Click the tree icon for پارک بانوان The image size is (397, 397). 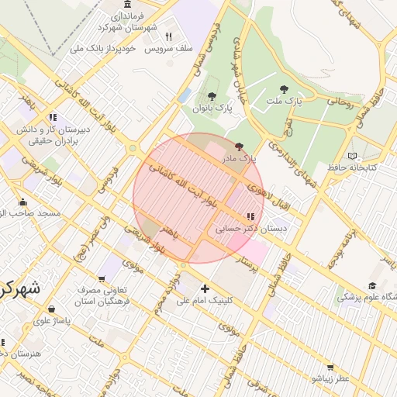click(212, 96)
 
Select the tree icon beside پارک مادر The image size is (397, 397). click(238, 147)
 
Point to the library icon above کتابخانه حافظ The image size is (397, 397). click(354, 155)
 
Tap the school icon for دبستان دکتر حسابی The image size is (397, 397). click(250, 217)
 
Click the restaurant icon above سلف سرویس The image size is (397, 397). click(168, 36)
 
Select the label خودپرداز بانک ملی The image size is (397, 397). click(103, 48)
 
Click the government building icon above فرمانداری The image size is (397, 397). click(126, 5)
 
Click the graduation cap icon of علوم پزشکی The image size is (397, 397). click(373, 285)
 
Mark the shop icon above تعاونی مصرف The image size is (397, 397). click(101, 279)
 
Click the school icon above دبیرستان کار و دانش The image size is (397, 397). click(53, 117)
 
